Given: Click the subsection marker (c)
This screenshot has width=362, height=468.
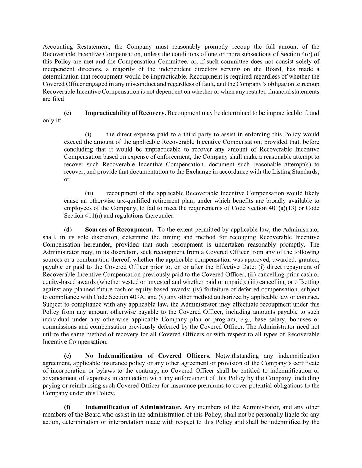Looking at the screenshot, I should [67, 113].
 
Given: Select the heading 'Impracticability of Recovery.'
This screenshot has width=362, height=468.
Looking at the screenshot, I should [125, 113].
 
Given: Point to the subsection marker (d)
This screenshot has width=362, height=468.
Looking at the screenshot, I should [68, 230].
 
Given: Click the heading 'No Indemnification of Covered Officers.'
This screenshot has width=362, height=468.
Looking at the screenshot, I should [148, 356].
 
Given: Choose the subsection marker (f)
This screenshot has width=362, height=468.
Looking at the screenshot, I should [67, 407].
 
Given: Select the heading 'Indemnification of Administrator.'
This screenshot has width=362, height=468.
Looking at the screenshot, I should [133, 407].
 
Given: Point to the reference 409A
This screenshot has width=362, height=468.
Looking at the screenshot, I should [108, 297].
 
